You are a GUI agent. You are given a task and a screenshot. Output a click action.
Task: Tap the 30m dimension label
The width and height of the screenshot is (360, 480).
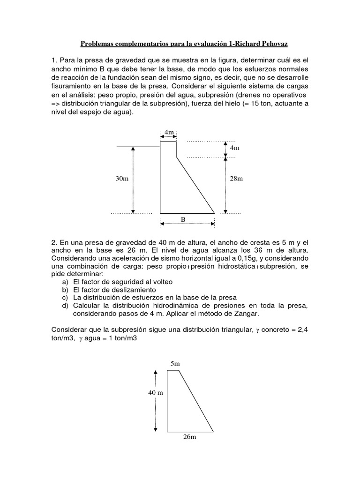(x=122, y=179)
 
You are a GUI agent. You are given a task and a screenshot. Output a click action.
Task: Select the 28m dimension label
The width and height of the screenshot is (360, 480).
(x=237, y=179)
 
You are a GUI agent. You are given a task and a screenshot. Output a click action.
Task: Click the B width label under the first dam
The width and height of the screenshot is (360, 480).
(x=183, y=219)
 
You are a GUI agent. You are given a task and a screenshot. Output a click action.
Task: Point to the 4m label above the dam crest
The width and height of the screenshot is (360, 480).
(x=169, y=133)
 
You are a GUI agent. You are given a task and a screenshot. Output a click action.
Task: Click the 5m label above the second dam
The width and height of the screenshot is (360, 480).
(x=176, y=363)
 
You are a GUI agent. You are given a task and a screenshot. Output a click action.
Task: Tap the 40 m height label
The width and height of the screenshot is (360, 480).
(x=156, y=392)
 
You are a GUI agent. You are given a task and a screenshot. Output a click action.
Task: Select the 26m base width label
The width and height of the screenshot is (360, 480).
(x=190, y=437)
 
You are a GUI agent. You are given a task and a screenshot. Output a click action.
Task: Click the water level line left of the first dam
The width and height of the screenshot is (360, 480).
(x=138, y=147)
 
